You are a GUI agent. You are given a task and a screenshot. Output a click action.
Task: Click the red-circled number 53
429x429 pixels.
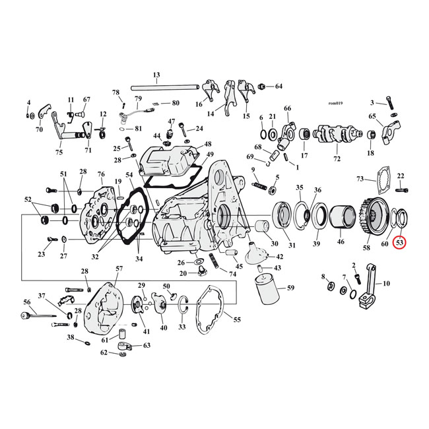pos(399,242)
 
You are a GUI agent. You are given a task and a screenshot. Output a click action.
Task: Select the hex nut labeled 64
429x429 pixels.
pos(263,87)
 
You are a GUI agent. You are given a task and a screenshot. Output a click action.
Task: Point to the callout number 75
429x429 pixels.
pos(59,152)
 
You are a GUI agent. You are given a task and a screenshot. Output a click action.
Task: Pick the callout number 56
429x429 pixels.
pos(27,302)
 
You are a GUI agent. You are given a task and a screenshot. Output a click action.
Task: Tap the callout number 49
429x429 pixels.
pos(210,154)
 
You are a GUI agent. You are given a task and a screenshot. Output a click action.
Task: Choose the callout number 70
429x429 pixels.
pos(38,129)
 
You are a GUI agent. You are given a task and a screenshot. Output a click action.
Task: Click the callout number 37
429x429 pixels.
pos(41,295)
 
